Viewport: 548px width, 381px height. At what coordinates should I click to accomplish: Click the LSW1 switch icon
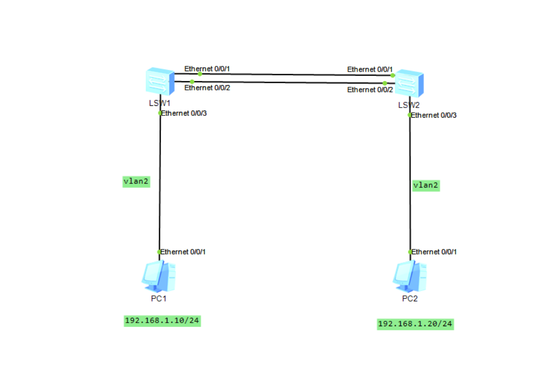[x=160, y=81]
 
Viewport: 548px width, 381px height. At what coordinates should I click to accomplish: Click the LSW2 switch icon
[x=409, y=83]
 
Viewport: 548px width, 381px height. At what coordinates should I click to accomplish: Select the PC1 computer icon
[x=159, y=277]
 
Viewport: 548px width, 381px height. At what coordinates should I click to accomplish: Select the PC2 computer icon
[x=410, y=277]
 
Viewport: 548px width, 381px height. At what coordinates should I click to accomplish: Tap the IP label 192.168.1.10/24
[x=162, y=321]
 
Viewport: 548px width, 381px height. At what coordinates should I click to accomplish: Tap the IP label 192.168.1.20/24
[x=415, y=324]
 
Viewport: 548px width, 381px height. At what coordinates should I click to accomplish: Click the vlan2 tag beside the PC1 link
[x=136, y=182]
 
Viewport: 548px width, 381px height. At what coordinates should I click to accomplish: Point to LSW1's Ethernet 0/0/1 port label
[x=207, y=69]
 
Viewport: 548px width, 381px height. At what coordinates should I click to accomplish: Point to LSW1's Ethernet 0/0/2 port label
[x=207, y=88]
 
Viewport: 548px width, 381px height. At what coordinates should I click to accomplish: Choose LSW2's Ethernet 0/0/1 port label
[x=370, y=69]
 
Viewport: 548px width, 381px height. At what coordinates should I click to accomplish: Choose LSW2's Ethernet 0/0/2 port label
[x=370, y=90]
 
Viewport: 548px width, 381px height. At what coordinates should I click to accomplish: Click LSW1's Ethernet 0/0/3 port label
[x=184, y=113]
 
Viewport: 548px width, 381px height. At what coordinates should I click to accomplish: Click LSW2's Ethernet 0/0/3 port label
[x=434, y=115]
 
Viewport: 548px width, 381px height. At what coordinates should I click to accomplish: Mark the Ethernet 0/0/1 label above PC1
[x=183, y=252]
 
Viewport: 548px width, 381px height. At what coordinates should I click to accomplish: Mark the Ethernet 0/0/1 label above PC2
[x=434, y=252]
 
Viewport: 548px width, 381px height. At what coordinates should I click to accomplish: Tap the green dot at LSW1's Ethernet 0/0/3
[x=160, y=113]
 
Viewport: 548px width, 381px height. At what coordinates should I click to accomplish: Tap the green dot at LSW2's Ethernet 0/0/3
[x=410, y=115]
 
